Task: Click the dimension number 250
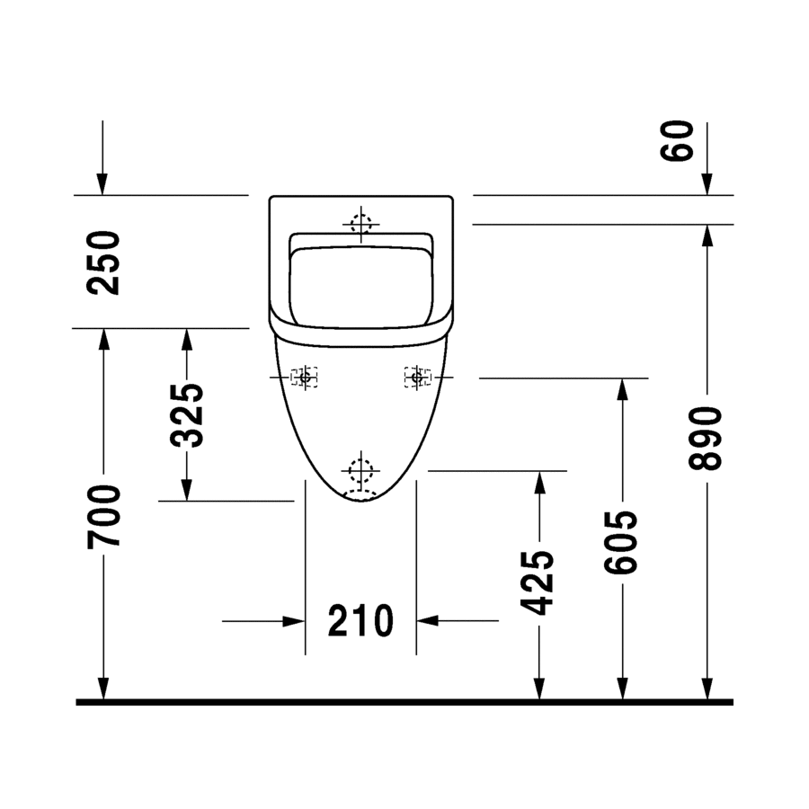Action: (x=103, y=263)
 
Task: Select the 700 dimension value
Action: (x=103, y=517)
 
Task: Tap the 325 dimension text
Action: (x=187, y=415)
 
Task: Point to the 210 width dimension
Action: (x=360, y=620)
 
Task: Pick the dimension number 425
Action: (x=538, y=583)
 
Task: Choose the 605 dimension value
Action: (x=621, y=542)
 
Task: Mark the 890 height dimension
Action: (x=705, y=438)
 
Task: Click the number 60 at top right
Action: (x=677, y=141)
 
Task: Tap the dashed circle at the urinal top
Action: (x=360, y=224)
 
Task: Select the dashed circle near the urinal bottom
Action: (x=360, y=470)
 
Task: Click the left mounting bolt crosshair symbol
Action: (x=305, y=378)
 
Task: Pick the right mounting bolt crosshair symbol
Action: (x=417, y=378)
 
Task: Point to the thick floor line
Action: (x=404, y=702)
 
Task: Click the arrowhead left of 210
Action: (x=294, y=620)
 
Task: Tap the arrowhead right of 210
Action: (x=427, y=620)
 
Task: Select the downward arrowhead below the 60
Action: (x=707, y=184)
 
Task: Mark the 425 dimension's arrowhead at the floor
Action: (x=538, y=689)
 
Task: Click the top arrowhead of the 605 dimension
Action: (x=622, y=389)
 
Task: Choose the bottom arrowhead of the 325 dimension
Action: (x=187, y=490)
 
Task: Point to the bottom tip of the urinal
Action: (x=360, y=501)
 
